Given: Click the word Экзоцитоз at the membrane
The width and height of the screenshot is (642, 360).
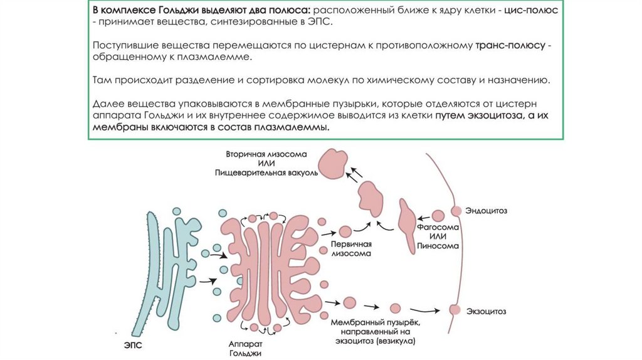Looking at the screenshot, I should click(487, 311).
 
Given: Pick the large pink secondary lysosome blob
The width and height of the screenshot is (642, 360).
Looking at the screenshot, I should click(334, 164).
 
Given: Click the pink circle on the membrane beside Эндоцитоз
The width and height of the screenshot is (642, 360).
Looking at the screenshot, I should click(456, 211).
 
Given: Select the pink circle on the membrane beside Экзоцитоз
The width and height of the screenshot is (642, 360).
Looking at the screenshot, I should click(456, 310).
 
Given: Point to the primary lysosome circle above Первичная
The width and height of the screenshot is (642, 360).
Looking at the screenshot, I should click(345, 232).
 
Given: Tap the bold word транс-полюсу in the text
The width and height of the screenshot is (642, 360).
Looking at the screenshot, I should click(511, 46).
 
